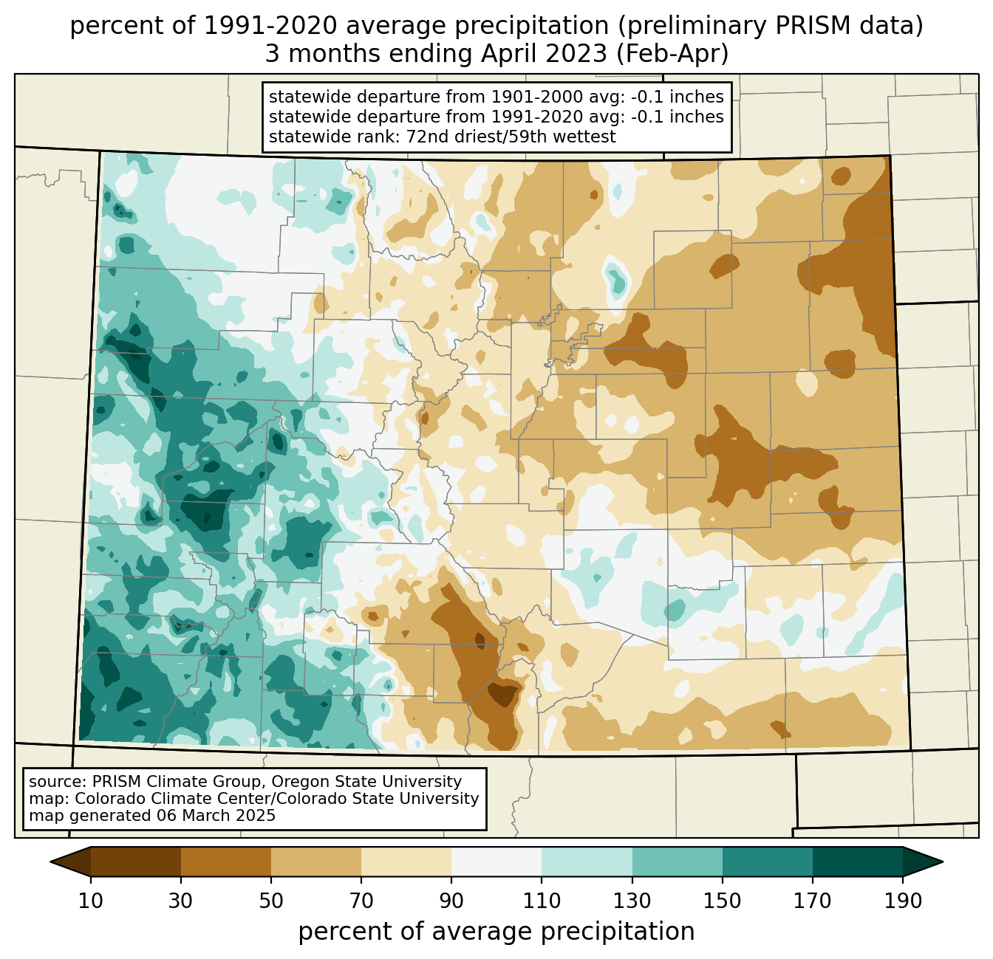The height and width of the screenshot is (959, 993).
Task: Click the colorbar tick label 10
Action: (90, 901)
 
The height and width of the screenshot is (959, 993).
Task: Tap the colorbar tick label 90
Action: (451, 901)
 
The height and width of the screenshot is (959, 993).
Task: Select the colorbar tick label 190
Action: (903, 901)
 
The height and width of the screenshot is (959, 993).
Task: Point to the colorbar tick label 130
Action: (632, 901)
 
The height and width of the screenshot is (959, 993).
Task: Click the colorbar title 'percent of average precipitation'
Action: (496, 932)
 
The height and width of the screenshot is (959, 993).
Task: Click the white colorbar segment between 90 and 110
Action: (496, 862)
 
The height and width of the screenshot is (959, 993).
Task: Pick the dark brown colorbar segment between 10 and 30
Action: (136, 862)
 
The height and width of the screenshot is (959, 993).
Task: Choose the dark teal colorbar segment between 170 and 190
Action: (858, 862)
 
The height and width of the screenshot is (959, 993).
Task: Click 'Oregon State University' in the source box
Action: (366, 782)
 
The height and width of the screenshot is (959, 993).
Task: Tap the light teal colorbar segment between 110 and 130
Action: (587, 862)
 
